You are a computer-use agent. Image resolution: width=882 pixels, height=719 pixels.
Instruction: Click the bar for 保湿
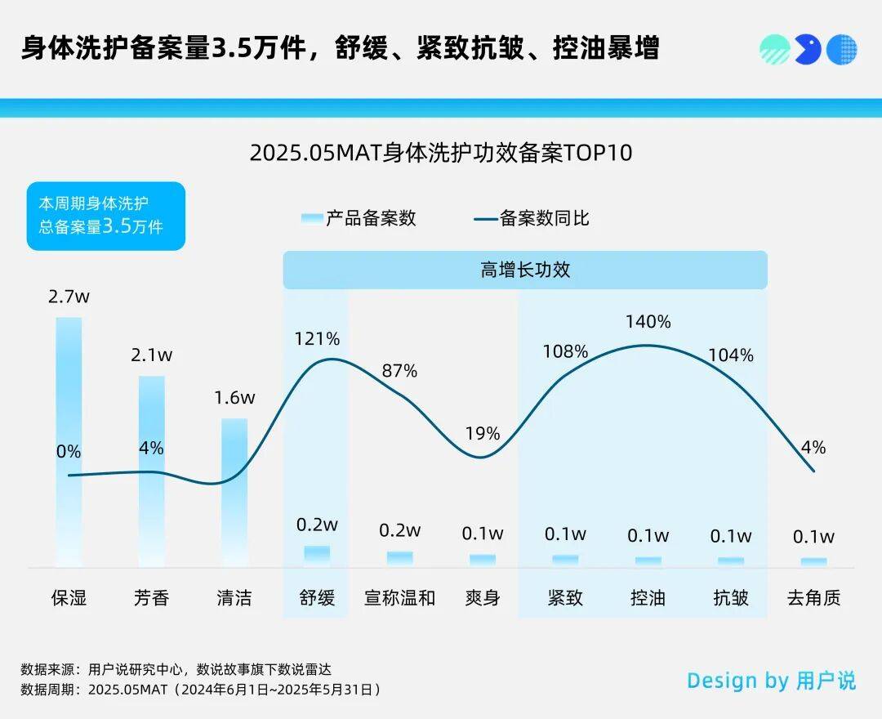pos(69,441)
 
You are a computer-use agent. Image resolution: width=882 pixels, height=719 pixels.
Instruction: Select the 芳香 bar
pos(152,471)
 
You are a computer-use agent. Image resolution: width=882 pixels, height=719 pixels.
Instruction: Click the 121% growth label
pos(318,338)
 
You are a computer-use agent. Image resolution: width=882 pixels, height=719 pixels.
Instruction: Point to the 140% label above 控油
pos(648,322)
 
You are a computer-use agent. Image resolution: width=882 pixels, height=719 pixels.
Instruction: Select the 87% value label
pos(400,371)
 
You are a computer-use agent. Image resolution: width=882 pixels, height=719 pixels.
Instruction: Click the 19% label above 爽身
pos(483,434)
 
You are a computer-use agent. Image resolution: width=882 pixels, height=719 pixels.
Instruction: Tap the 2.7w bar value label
pos(69,297)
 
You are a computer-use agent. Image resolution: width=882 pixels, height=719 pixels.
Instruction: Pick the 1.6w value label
pos(234,398)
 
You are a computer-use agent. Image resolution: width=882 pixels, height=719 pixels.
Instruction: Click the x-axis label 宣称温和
pos(400,598)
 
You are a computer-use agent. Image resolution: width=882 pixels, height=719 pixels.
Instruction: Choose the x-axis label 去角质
pos(813,598)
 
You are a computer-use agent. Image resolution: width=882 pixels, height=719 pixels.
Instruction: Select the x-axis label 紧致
pos(565,598)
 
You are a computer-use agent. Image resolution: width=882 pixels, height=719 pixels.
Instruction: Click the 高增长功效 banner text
pos(525,270)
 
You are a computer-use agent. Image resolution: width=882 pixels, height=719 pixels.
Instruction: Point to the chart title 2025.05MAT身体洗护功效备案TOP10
pos(441,153)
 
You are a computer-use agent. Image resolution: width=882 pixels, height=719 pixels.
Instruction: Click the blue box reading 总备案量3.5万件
pos(106,216)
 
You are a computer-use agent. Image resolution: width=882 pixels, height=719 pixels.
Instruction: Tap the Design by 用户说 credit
pos(771,681)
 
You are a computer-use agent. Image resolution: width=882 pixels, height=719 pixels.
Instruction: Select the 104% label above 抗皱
pos(732,355)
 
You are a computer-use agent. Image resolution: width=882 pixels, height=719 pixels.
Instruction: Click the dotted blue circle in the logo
pos(842,50)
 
